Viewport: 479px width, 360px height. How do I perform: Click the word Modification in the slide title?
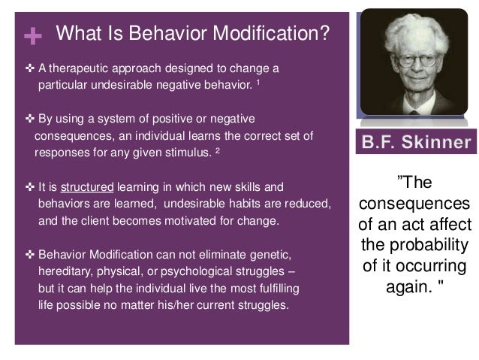tap(265, 33)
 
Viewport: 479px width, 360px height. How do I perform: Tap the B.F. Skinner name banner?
tap(420, 142)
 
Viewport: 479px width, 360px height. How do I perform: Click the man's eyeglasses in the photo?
tap(408, 43)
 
